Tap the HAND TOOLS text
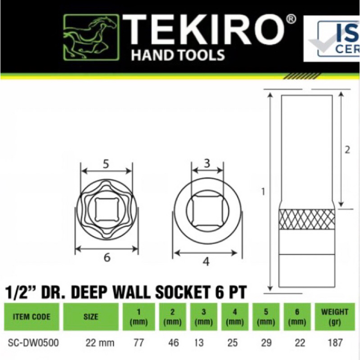pyautogui.click(x=177, y=55)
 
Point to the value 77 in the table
pyautogui.click(x=139, y=343)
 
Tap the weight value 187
pyautogui.click(x=335, y=343)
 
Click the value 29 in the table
pyautogui.click(x=266, y=343)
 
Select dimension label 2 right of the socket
pyautogui.click(x=347, y=150)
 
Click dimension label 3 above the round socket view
pyautogui.click(x=207, y=163)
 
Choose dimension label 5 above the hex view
pyautogui.click(x=106, y=164)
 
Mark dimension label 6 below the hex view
pyautogui.click(x=107, y=257)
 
